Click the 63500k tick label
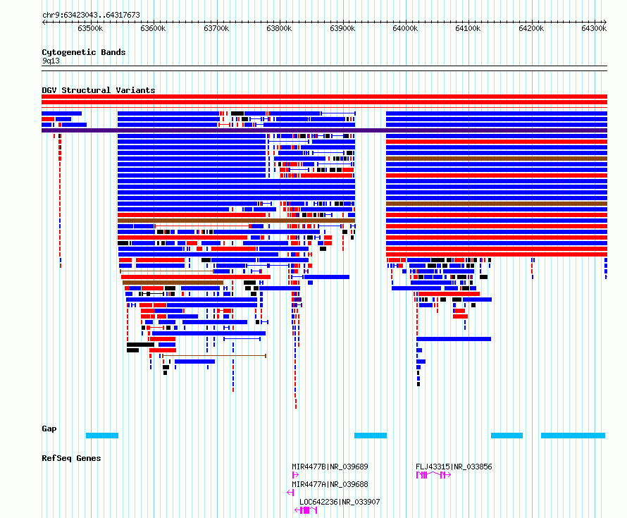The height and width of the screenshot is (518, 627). tap(90, 28)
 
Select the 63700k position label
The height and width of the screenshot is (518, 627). tap(216, 28)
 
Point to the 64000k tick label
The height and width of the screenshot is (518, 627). tap(405, 28)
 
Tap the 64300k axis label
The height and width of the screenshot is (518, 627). tap(594, 28)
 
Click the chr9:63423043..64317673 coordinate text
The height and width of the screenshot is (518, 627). tap(91, 16)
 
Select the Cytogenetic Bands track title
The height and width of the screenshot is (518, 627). tap(84, 52)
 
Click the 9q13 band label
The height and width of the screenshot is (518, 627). tap(51, 61)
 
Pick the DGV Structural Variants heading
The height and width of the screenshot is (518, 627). tap(99, 90)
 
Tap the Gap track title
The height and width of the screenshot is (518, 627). tap(49, 428)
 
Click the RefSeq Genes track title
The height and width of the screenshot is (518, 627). tap(71, 458)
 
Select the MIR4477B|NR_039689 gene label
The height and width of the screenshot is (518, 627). tap(330, 467)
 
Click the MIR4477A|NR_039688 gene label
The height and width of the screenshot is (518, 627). tap(330, 484)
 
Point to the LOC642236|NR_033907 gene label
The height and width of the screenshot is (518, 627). tap(340, 502)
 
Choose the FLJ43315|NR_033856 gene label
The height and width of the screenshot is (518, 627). tap(454, 467)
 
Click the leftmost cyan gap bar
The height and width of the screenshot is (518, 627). tap(102, 436)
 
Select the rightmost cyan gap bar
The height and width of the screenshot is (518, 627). tap(573, 436)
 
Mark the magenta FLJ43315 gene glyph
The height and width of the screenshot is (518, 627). tap(433, 475)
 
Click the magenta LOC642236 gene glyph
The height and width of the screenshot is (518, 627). tap(306, 510)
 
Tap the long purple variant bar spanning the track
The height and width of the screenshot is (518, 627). tap(324, 130)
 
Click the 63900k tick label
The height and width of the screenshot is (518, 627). tap(342, 28)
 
